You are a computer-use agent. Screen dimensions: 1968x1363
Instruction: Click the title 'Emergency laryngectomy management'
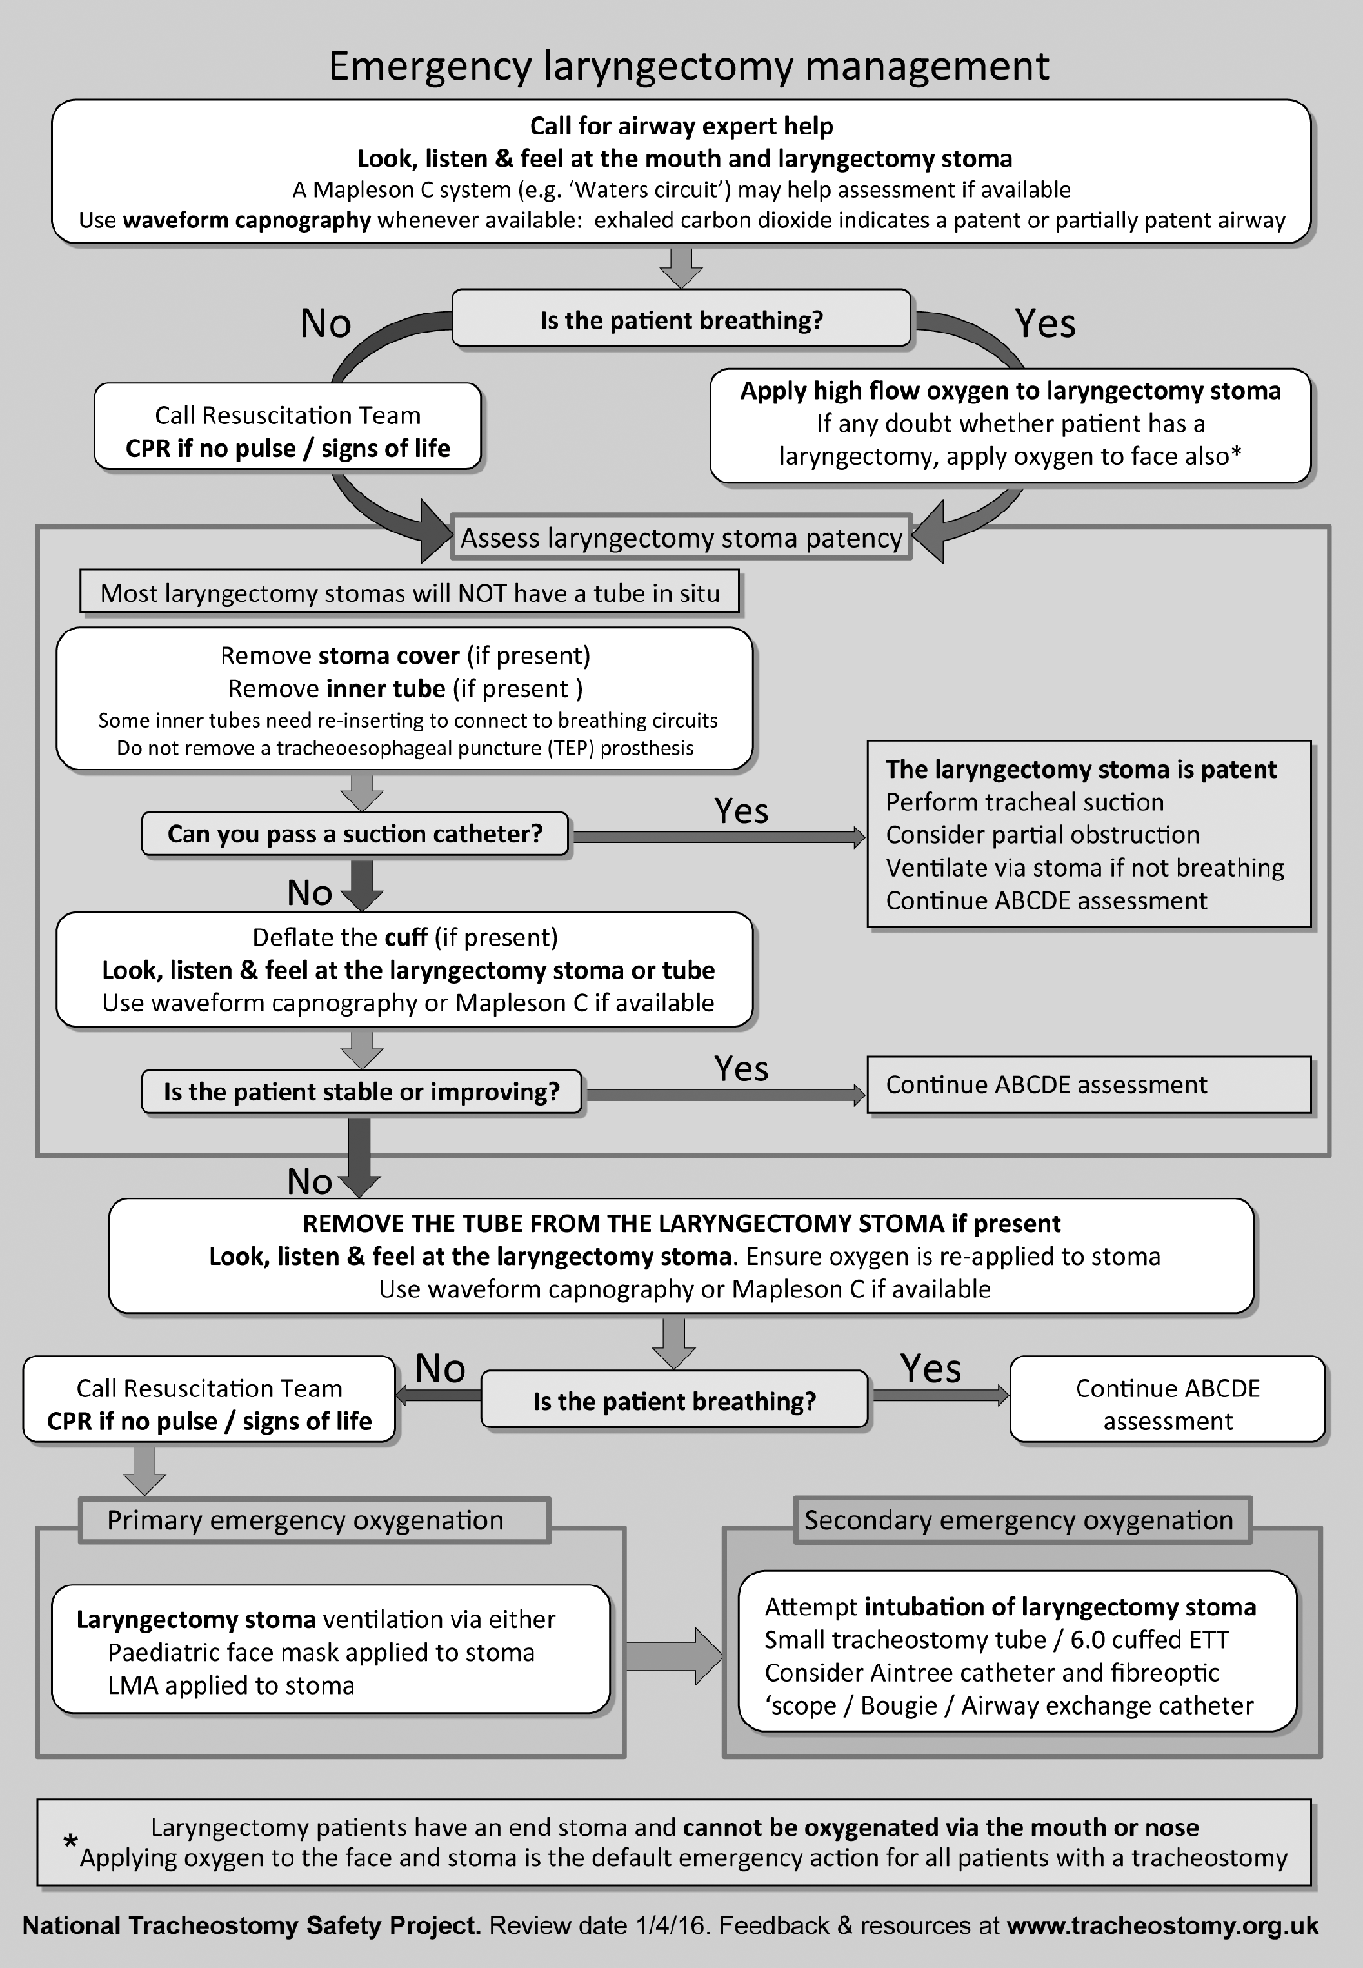coord(688,66)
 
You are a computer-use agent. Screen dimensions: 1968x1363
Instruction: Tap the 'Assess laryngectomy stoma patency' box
coord(681,538)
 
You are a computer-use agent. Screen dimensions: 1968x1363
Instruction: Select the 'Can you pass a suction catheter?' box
coord(354,834)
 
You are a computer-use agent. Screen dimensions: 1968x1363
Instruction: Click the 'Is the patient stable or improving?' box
coord(361,1091)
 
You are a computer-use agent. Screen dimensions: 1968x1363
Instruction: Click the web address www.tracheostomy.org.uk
coord(1162,1925)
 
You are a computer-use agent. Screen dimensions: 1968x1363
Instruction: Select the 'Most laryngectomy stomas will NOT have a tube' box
coord(410,593)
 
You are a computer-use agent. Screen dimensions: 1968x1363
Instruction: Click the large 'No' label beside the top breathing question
coord(325,323)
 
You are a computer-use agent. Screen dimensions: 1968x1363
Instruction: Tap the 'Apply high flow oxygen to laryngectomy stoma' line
coord(1010,391)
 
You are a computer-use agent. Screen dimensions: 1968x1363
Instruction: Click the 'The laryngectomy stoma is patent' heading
coord(1081,770)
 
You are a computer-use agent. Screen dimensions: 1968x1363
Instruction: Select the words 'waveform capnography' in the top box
coord(246,220)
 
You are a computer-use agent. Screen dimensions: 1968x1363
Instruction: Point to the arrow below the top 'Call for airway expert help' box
coord(681,268)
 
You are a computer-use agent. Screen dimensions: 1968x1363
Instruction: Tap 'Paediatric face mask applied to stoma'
coord(321,1653)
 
